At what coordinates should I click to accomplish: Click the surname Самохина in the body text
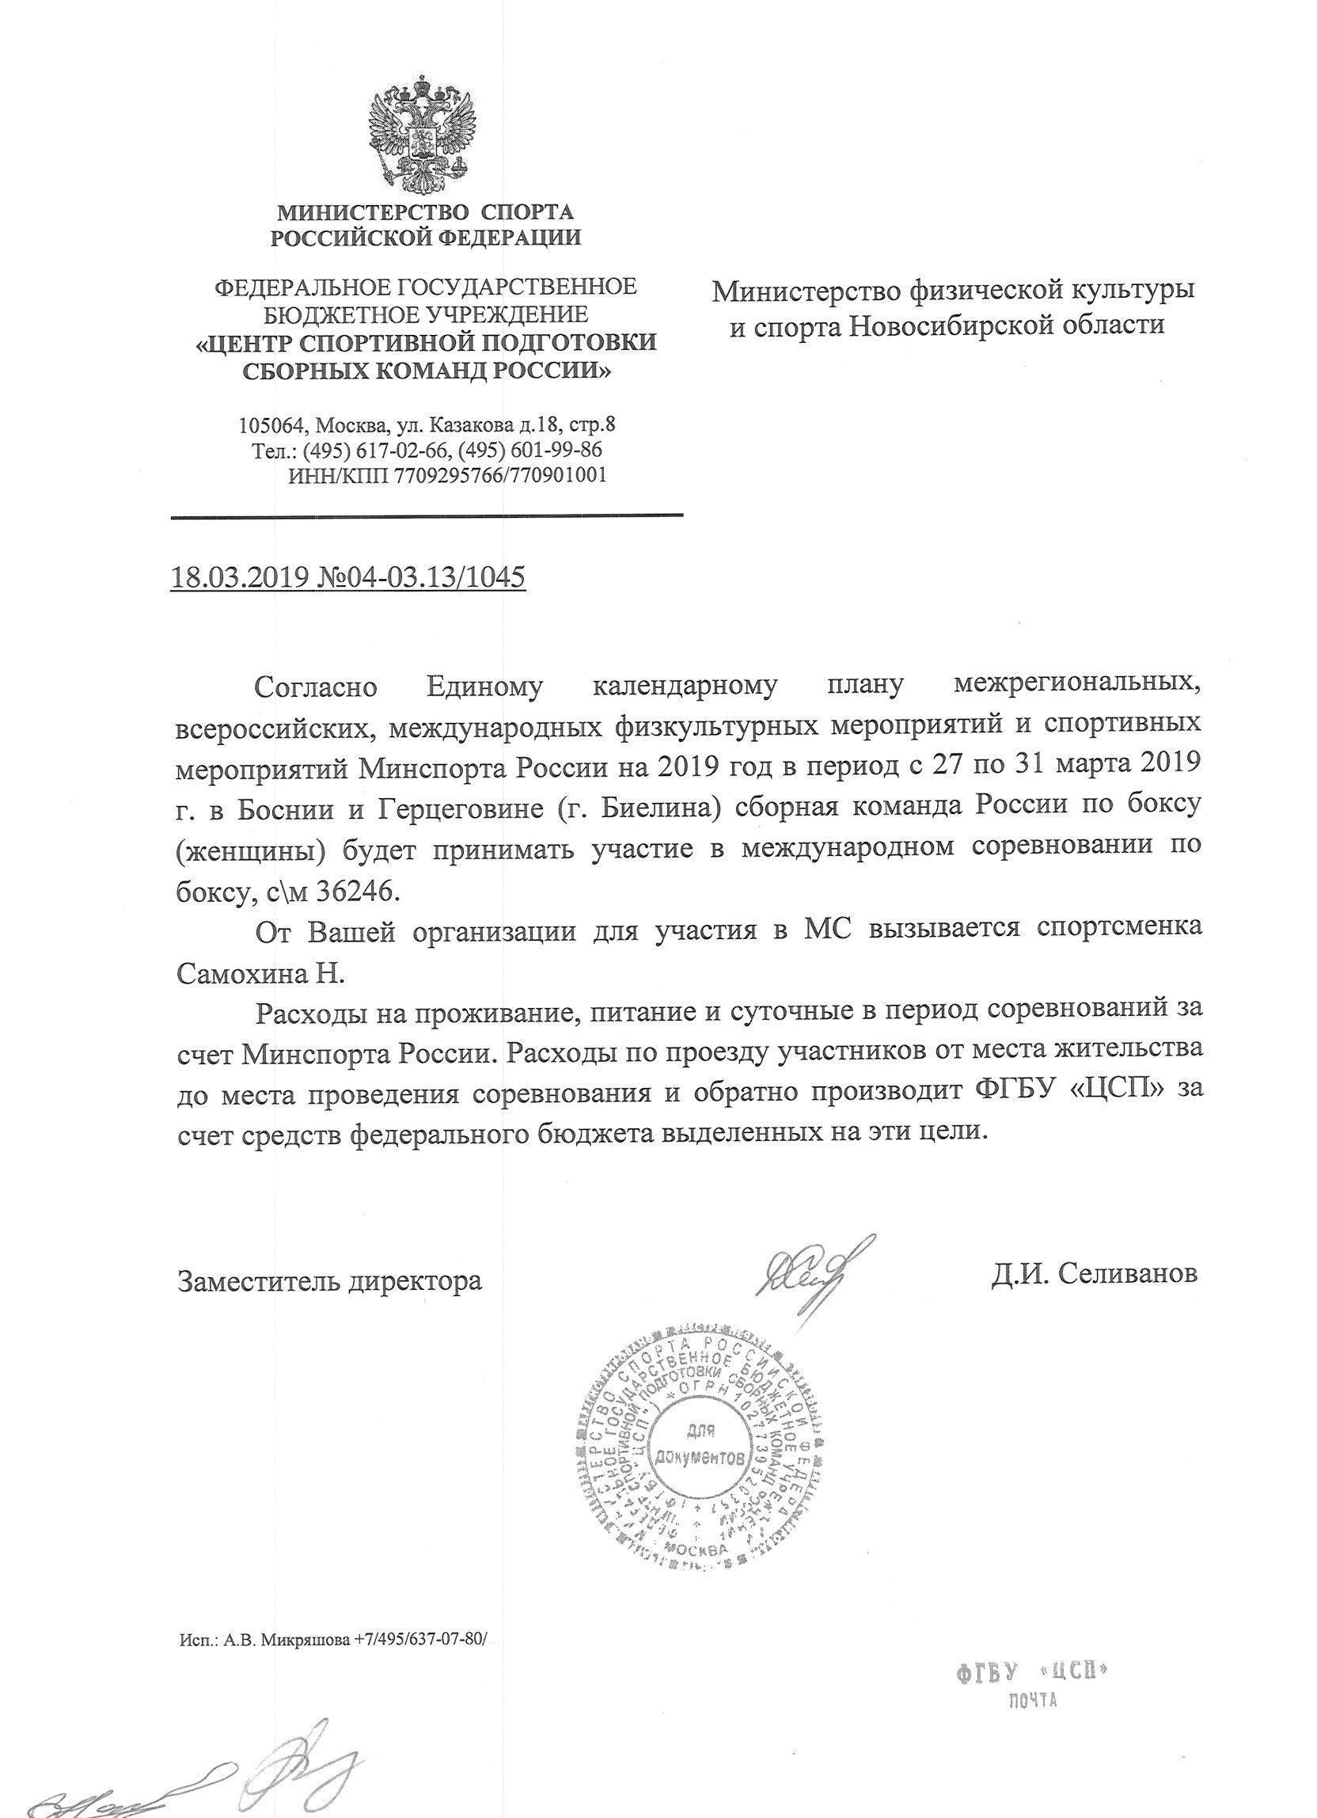click(241, 974)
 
